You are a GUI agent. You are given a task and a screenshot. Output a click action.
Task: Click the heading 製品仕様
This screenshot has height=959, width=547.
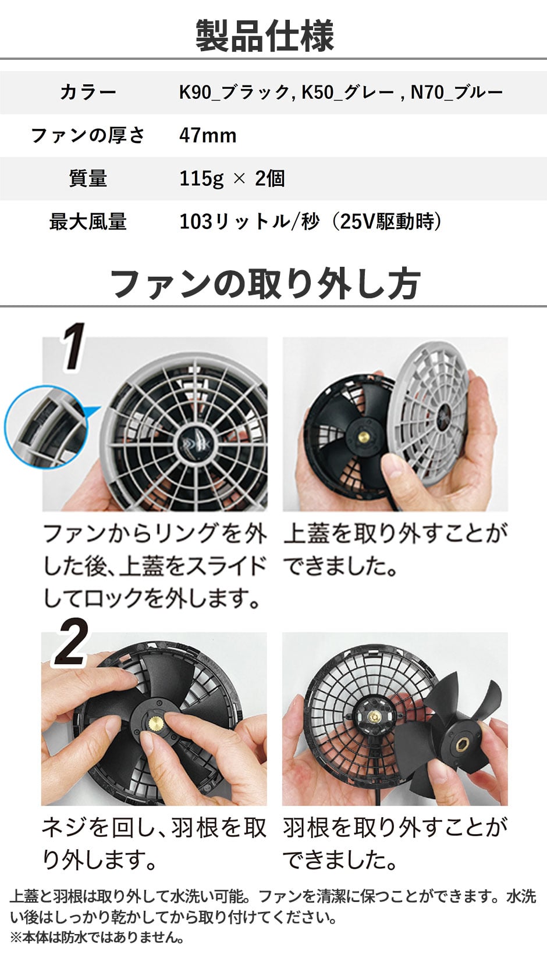pos(265,36)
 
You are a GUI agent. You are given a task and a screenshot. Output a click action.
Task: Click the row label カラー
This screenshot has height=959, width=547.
pos(88,92)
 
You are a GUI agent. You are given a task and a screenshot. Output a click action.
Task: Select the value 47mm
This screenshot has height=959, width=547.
pos(208,135)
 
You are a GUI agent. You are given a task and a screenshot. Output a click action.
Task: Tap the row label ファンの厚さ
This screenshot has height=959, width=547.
pos(88,135)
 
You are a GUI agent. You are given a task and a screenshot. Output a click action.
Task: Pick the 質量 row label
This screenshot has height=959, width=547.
pos(88,178)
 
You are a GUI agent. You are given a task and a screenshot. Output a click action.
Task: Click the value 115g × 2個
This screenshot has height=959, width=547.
pos(232,178)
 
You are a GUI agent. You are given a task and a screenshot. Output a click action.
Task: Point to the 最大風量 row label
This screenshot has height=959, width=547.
pos(88,221)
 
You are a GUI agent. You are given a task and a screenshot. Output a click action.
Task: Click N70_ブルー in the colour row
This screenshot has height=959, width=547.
pos(457,92)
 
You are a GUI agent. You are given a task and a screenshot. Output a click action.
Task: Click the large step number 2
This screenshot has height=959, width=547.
pos(72,642)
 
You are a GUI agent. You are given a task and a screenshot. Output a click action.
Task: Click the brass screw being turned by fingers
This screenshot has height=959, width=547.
pos(156,724)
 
